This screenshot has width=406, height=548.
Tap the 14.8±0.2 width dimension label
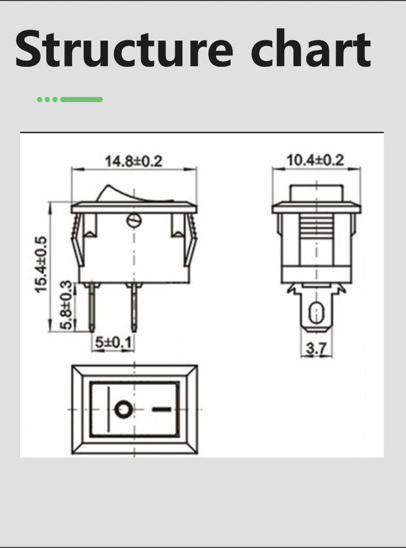133,162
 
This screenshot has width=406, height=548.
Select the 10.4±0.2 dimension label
315,160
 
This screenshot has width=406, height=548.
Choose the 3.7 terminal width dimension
315,349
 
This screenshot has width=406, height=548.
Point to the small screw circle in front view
134,220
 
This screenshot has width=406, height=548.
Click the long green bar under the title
82,99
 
